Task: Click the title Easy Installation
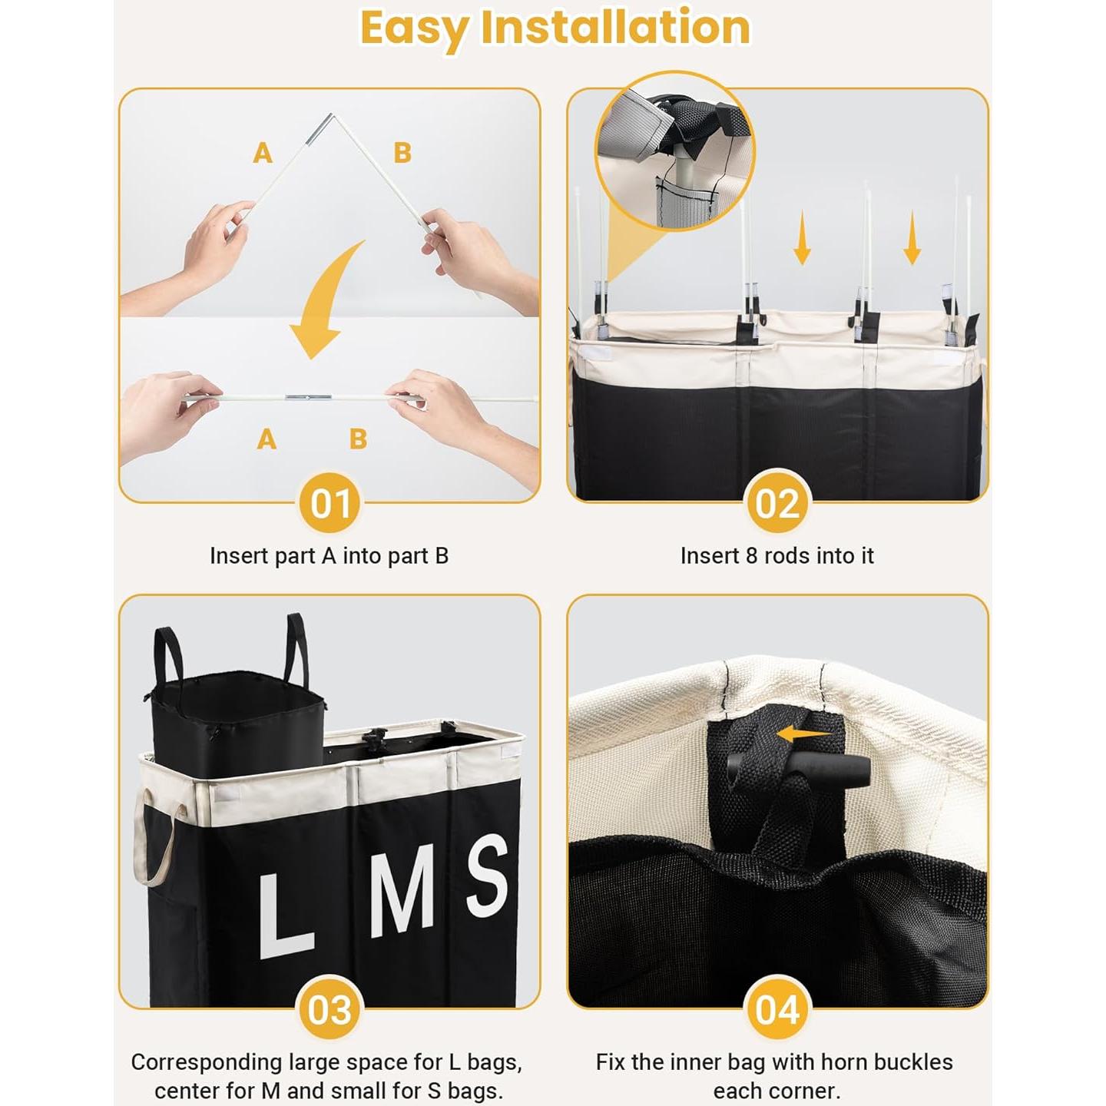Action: (x=554, y=29)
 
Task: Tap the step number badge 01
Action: (x=330, y=504)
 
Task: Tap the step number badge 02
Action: (x=777, y=504)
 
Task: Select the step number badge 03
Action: (x=330, y=1010)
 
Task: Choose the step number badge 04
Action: (x=777, y=1010)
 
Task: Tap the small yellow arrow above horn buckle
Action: (x=803, y=735)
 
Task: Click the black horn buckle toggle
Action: (x=799, y=769)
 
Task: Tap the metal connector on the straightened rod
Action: (x=308, y=398)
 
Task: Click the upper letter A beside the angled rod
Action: (x=263, y=153)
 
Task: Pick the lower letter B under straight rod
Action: (x=358, y=439)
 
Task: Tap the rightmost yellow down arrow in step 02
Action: (x=912, y=239)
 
